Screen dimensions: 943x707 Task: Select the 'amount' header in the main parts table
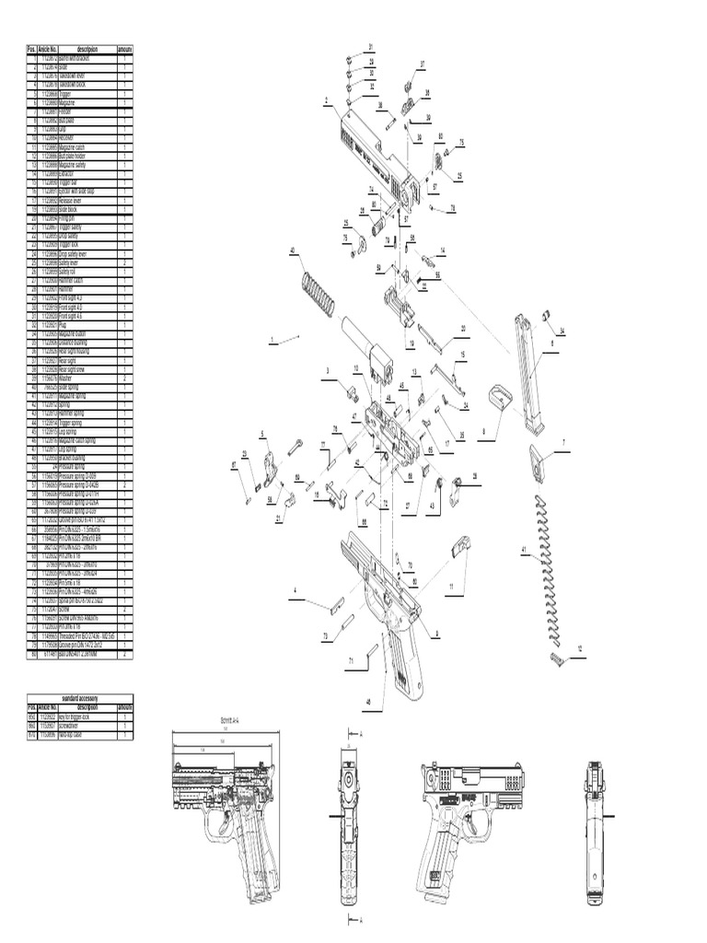(124, 49)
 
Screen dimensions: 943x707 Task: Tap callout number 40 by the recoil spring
(293, 250)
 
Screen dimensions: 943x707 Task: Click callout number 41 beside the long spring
(525, 551)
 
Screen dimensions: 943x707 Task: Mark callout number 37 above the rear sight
(423, 64)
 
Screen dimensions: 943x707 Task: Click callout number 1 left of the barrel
(272, 341)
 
